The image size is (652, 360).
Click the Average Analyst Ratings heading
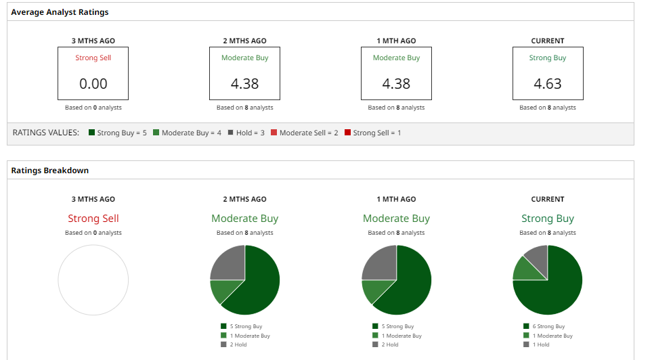(x=60, y=12)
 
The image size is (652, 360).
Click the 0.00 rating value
(x=93, y=84)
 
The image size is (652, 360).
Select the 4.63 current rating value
(x=548, y=84)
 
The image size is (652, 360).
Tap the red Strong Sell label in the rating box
(x=93, y=58)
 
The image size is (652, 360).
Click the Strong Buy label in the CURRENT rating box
(x=548, y=58)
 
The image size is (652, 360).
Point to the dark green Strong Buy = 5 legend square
(x=91, y=133)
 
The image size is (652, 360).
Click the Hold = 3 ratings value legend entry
(x=250, y=133)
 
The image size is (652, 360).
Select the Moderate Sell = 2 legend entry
(x=308, y=133)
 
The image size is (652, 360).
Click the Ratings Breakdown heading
(x=49, y=171)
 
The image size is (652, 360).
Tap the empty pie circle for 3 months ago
(x=93, y=280)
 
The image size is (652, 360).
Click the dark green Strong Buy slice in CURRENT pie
(x=559, y=288)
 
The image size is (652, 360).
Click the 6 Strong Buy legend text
(x=549, y=327)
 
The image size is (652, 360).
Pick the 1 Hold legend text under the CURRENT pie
(x=542, y=345)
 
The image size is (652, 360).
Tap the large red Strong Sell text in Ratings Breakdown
(x=93, y=219)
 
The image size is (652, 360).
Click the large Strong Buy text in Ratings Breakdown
(x=548, y=219)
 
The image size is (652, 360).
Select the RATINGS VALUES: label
(x=46, y=133)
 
